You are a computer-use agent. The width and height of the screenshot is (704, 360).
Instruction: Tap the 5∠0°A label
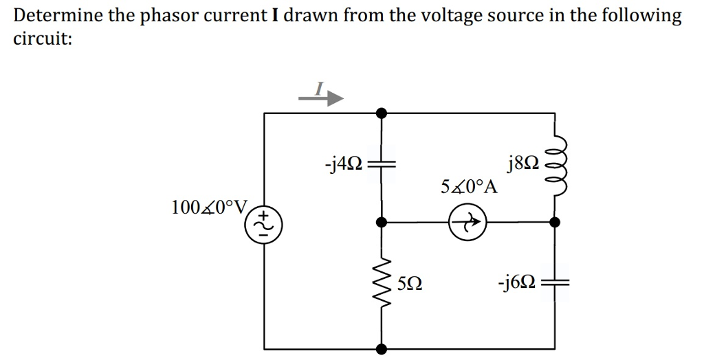coord(470,187)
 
